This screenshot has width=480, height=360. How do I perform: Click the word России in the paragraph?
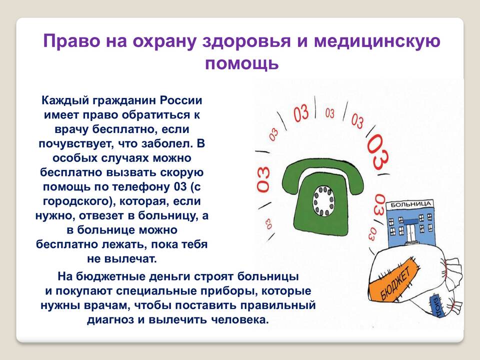tap(181, 100)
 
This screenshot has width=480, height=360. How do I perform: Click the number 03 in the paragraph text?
tap(180, 186)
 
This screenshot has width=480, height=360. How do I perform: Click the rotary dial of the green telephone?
tap(323, 201)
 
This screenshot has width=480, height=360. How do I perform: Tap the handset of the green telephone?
tap(322, 175)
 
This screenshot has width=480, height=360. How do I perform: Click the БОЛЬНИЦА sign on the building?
tap(411, 204)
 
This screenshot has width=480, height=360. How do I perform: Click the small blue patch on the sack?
tap(436, 306)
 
